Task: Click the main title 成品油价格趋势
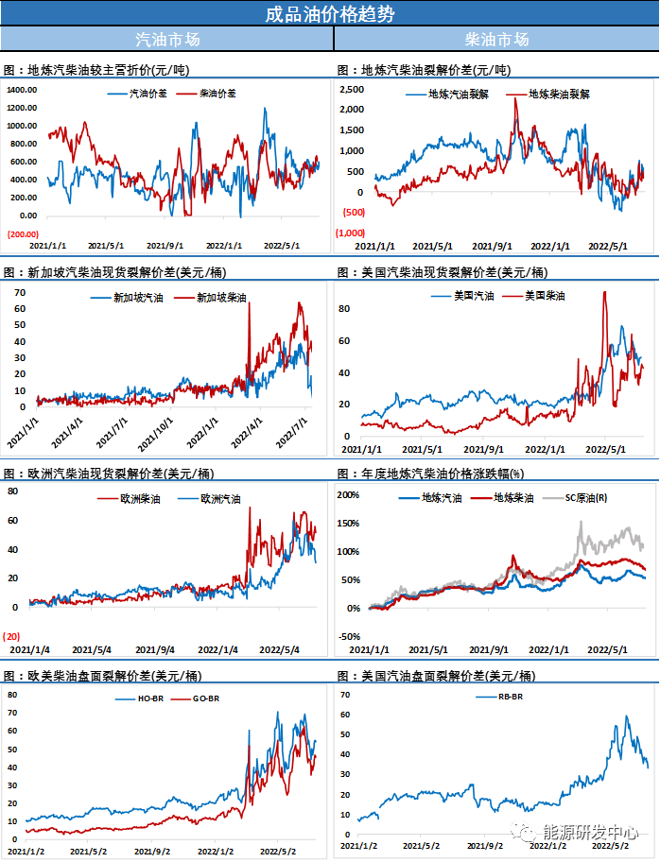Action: pyautogui.click(x=329, y=13)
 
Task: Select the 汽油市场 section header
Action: pyautogui.click(x=167, y=40)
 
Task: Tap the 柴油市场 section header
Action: pyautogui.click(x=496, y=40)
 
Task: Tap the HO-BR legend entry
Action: pyautogui.click(x=128, y=698)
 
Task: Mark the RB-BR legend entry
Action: pyautogui.click(x=512, y=698)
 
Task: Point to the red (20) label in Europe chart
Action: pyautogui.click(x=12, y=635)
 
